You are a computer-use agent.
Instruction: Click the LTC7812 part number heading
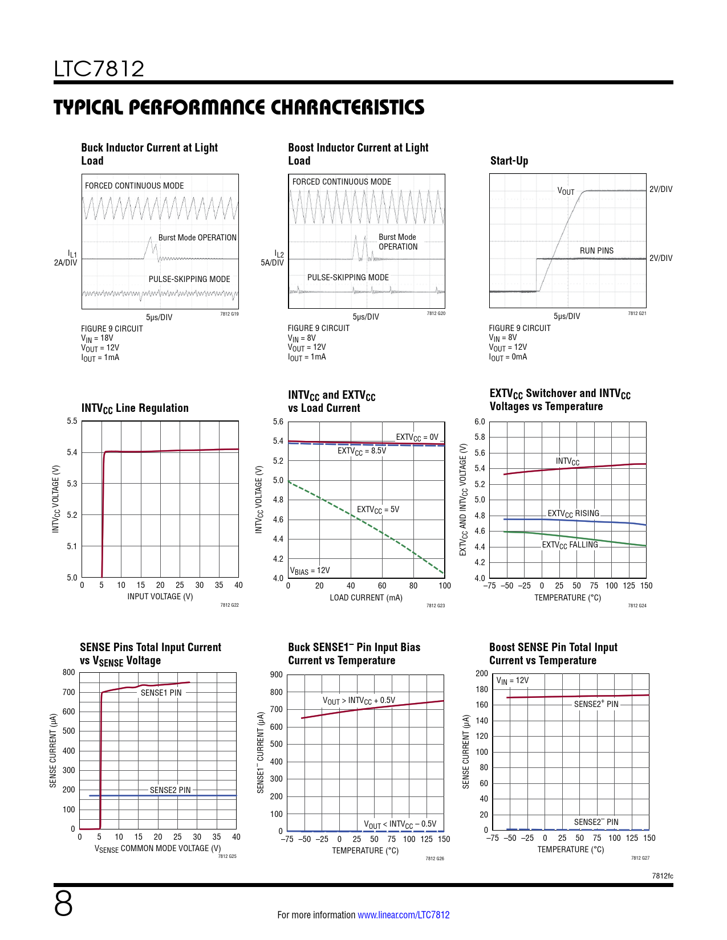99,69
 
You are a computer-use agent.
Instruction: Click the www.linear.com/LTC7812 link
403,915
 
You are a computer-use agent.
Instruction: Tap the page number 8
63,904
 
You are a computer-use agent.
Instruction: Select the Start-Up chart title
509,161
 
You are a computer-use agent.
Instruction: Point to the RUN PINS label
596,251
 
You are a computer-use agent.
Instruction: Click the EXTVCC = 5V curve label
378,509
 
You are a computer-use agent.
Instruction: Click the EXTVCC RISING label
573,513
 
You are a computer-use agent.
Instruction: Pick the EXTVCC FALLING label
570,545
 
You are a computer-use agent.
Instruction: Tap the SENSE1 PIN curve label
161,693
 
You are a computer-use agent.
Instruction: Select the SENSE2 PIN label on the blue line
170,790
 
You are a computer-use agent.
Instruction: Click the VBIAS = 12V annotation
310,570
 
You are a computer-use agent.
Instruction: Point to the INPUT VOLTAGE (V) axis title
160,596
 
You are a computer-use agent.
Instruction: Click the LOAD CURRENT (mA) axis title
366,598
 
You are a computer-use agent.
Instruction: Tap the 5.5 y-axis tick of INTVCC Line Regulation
72,422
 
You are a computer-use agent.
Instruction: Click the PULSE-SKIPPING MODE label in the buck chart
189,279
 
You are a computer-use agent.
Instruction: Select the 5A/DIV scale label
272,263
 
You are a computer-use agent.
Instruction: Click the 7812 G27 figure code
640,858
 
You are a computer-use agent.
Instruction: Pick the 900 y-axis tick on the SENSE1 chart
277,675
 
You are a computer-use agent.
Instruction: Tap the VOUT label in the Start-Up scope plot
566,191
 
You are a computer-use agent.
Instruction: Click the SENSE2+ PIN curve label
596,704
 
